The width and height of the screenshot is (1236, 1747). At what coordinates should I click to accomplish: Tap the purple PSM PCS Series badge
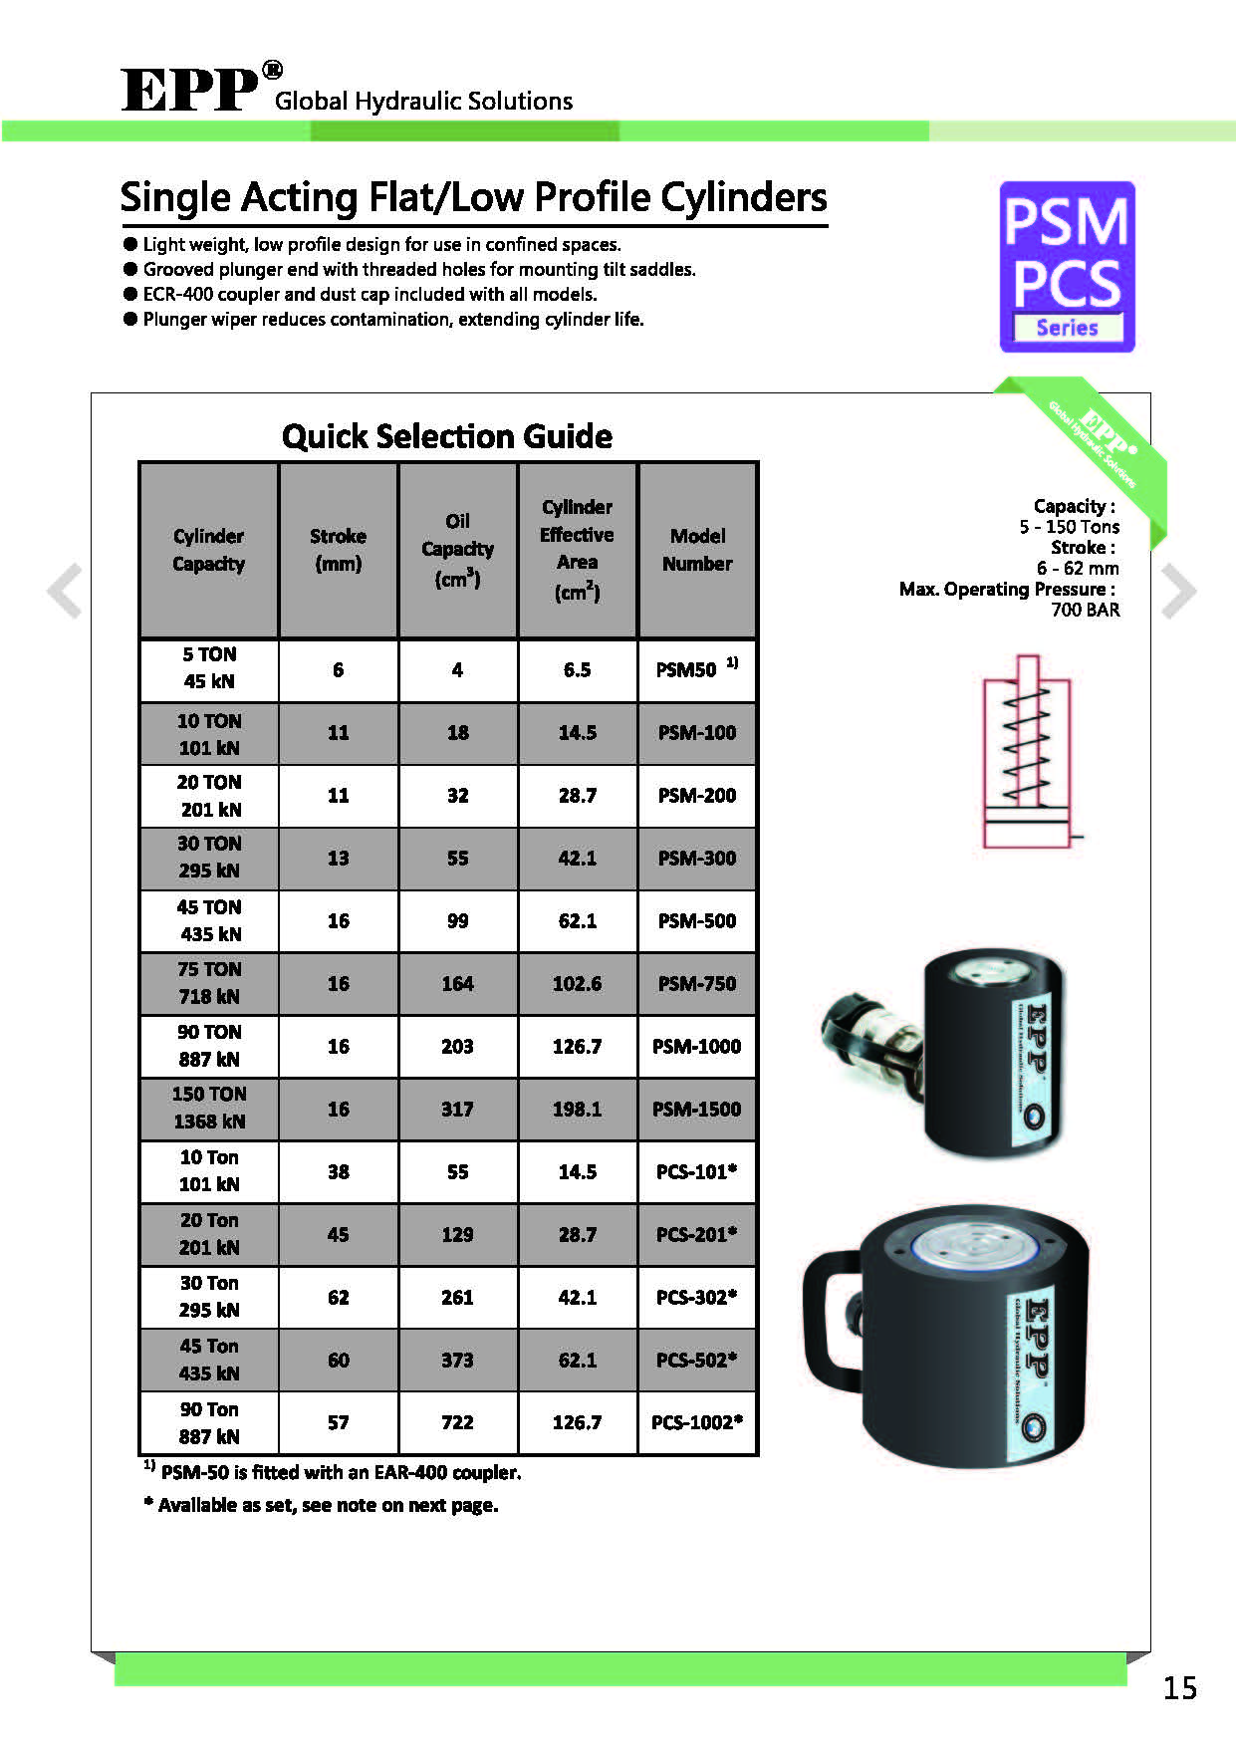tap(1067, 267)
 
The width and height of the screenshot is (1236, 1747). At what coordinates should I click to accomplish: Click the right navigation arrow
tap(1178, 591)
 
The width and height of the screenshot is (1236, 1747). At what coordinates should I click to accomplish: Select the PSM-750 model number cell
tap(697, 984)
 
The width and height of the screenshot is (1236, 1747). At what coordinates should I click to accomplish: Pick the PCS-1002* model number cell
tap(697, 1422)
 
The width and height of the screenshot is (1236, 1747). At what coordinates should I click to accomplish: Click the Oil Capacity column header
tap(457, 550)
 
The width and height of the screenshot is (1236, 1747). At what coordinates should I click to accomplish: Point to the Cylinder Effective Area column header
tap(577, 550)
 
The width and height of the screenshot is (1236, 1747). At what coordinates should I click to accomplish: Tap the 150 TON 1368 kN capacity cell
tap(209, 1108)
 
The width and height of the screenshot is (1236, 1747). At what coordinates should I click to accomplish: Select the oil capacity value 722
tap(457, 1422)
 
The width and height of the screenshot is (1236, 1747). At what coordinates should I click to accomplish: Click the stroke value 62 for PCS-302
tap(339, 1297)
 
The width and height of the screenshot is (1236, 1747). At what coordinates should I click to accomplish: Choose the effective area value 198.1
tap(577, 1110)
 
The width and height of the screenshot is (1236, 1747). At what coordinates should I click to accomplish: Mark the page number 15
tap(1180, 1687)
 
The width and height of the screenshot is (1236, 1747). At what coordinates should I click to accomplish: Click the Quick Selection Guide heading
tap(447, 436)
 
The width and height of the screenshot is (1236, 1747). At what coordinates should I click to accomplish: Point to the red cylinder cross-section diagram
tap(1028, 752)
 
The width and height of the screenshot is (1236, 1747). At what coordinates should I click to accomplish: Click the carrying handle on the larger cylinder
tap(826, 1315)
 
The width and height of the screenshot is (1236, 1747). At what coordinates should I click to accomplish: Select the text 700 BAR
tap(1085, 610)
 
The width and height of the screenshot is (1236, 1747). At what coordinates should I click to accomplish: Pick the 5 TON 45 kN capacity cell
tap(209, 668)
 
